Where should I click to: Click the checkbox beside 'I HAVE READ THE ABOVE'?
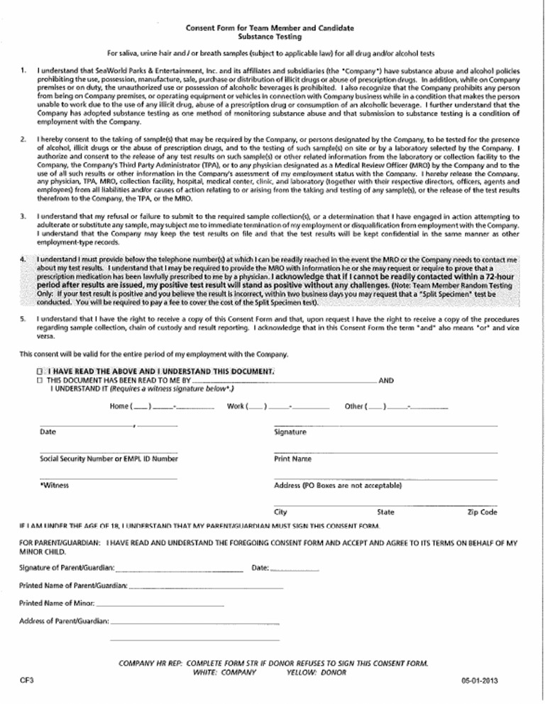[x=40, y=371]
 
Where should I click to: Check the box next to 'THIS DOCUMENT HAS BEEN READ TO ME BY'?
[x=40, y=381]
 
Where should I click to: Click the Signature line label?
[x=290, y=432]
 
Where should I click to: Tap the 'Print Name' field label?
[x=292, y=459]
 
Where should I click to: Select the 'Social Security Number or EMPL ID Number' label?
[x=109, y=459]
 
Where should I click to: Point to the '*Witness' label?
[x=54, y=486]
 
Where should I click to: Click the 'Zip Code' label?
[x=483, y=512]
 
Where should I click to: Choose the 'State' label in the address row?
[x=386, y=512]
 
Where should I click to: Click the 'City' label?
[x=280, y=512]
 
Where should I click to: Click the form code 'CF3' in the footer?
[x=27, y=681]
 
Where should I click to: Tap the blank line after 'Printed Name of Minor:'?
[x=160, y=605]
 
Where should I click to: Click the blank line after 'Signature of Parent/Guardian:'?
[x=179, y=569]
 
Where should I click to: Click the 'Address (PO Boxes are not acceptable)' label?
[x=338, y=486]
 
